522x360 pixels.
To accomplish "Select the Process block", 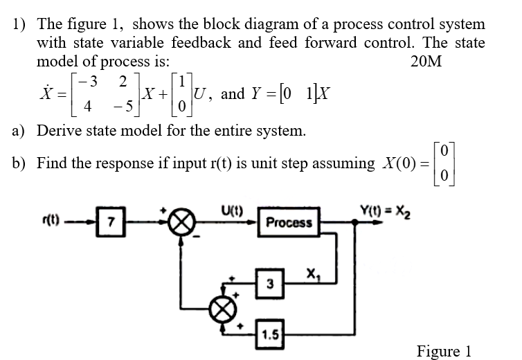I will tap(289, 222).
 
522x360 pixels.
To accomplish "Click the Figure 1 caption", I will tap(444, 350).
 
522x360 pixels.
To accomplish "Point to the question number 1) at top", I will tap(21, 24).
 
